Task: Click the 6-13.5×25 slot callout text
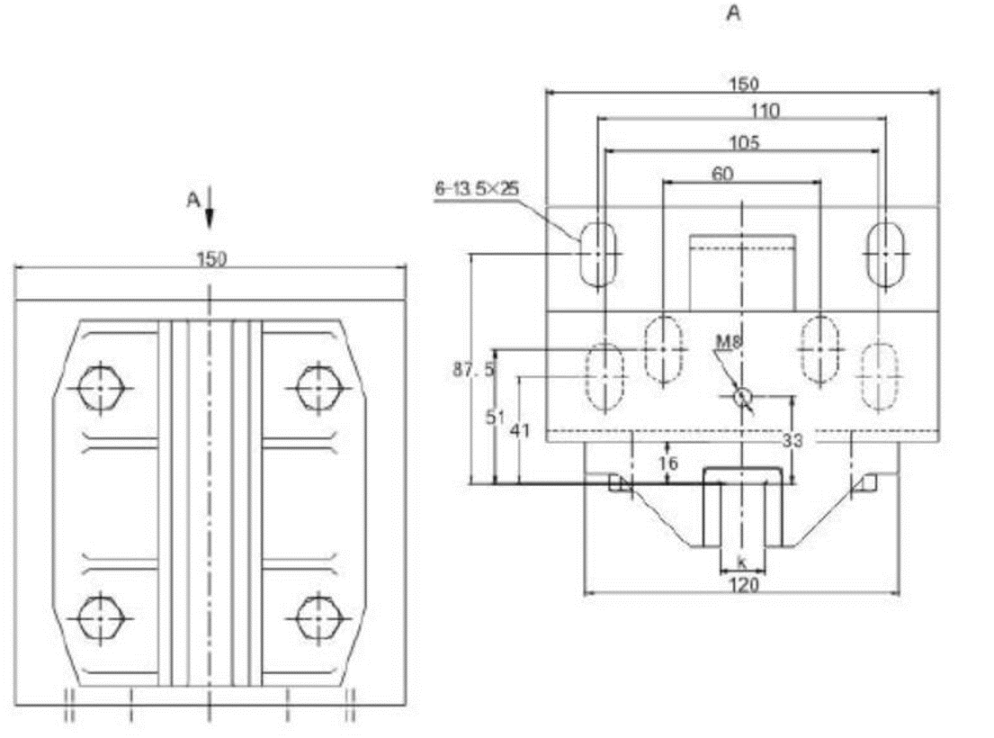477,189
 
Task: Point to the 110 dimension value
742,112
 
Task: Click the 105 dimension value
744,142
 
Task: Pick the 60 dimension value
722,174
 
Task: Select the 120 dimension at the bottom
743,584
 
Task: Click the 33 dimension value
793,441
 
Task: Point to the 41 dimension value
519,431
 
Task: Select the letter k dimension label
742,562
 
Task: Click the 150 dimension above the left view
210,259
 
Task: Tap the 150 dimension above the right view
743,84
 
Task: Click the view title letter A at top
734,14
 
